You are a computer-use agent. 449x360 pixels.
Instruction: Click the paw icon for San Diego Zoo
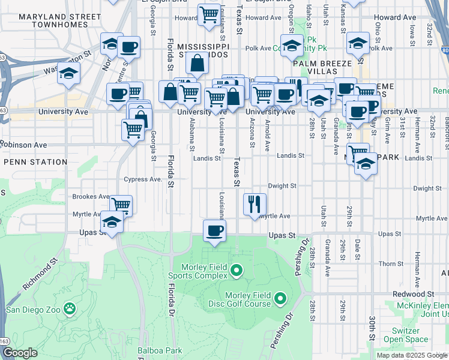[x=70, y=310]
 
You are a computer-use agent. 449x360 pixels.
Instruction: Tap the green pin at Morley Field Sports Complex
[x=236, y=271]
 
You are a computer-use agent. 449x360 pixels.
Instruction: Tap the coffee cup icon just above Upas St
[x=214, y=230]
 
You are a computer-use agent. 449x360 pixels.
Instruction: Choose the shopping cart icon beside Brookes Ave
[x=121, y=205]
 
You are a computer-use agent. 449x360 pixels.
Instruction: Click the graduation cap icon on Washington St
[x=69, y=73]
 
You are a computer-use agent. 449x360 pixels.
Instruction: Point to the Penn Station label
[x=35, y=162]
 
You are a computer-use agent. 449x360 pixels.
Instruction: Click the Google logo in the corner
[x=20, y=353]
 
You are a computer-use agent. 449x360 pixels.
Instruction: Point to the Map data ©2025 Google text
[x=411, y=355]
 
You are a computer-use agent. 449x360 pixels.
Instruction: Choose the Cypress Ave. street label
[x=143, y=179]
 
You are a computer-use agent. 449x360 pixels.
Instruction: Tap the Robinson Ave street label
[x=24, y=145]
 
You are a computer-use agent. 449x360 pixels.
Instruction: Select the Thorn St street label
[x=391, y=263]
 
